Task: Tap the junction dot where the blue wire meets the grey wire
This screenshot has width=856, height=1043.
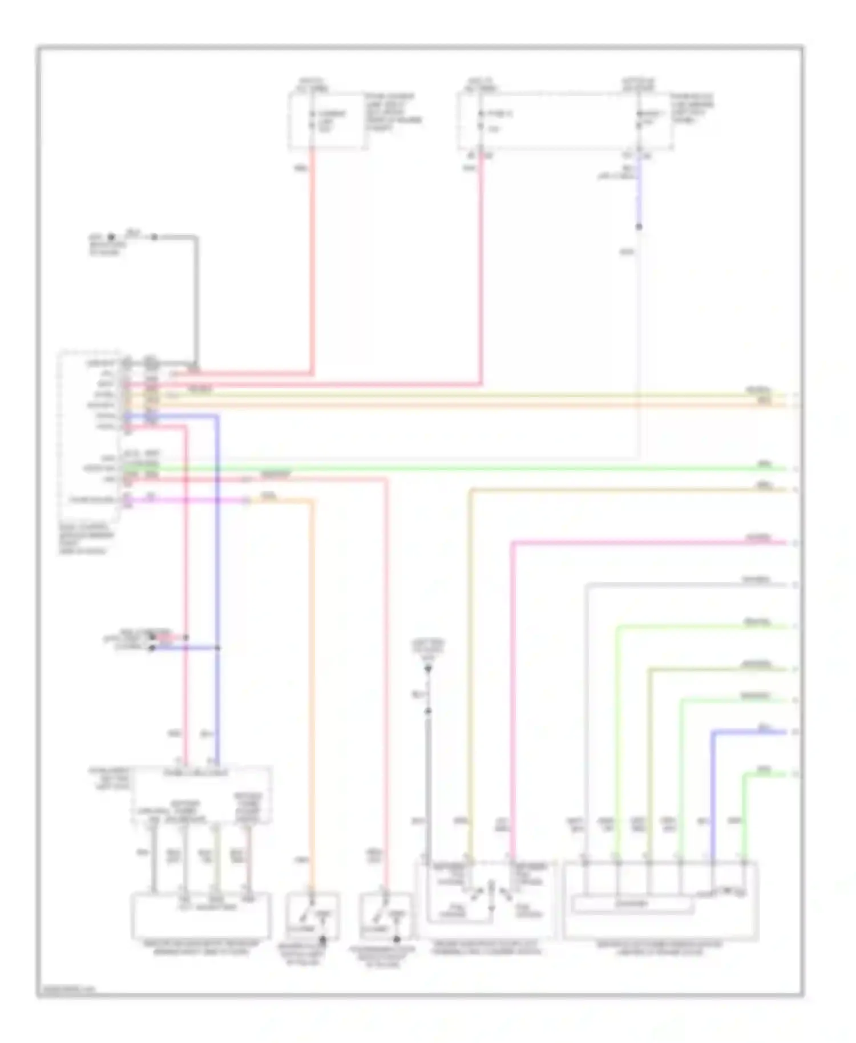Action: coord(639,227)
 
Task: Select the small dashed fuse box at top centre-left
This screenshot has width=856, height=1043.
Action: coord(328,122)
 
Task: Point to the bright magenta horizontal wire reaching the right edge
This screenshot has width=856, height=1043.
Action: coord(651,542)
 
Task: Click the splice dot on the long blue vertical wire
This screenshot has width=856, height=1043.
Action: coord(217,648)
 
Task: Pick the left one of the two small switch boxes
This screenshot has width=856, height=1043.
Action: coord(313,917)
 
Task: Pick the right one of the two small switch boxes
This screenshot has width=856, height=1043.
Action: coord(386,917)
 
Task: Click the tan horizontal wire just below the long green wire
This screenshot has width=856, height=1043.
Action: coord(628,490)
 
